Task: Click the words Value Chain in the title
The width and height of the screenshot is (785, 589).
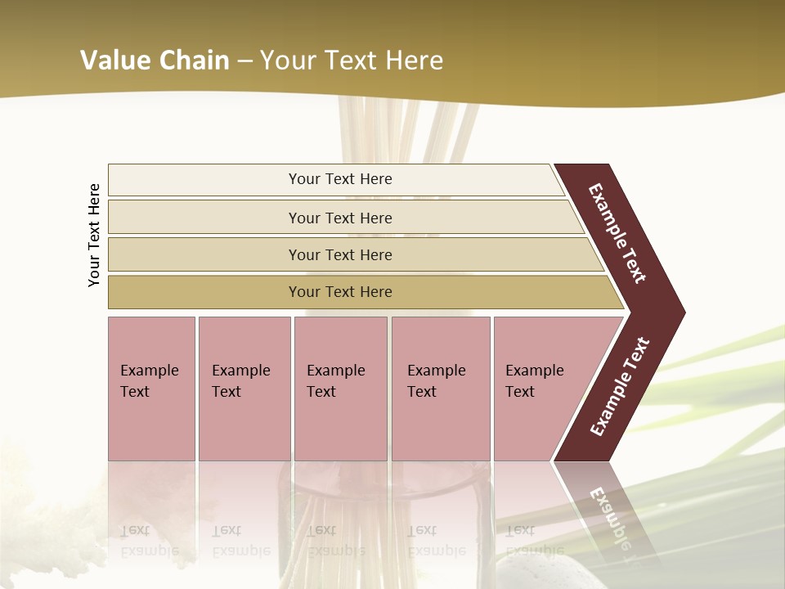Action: [155, 61]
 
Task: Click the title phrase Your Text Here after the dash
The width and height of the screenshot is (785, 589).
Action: [352, 61]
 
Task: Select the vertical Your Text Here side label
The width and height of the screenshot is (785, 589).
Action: [95, 235]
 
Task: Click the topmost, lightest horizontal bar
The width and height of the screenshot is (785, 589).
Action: [335, 179]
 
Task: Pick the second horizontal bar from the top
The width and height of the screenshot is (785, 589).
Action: [343, 218]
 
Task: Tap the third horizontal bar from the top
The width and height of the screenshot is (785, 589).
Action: [352, 254]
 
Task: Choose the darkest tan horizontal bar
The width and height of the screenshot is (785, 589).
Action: [360, 292]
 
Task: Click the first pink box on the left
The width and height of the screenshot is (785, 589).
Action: [151, 389]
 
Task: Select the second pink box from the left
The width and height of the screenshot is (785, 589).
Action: [244, 389]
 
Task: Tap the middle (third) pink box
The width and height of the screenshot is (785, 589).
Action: [340, 389]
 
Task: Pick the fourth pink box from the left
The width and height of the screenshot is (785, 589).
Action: [441, 389]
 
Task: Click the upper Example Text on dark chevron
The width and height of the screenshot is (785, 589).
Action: [617, 233]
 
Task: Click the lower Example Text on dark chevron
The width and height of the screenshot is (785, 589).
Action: [620, 387]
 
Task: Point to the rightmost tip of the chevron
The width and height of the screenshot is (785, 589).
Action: [683, 312]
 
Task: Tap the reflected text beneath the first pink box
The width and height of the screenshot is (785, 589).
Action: [150, 540]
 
